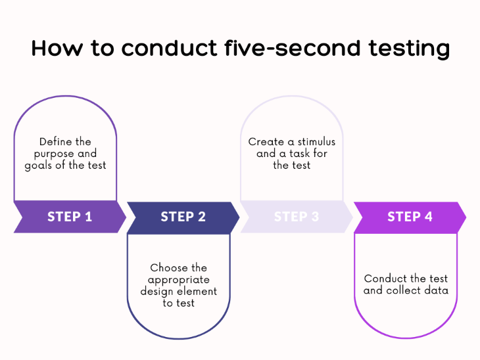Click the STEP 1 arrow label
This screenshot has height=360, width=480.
tap(70, 217)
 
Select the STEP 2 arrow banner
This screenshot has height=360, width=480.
tap(183, 217)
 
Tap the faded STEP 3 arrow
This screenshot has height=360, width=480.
tap(296, 217)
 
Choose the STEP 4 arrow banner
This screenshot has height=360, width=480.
tap(410, 217)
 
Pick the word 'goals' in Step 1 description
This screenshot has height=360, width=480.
tap(39, 166)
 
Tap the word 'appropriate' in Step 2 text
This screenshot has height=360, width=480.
tap(178, 280)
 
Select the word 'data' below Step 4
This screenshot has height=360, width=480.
tap(435, 290)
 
